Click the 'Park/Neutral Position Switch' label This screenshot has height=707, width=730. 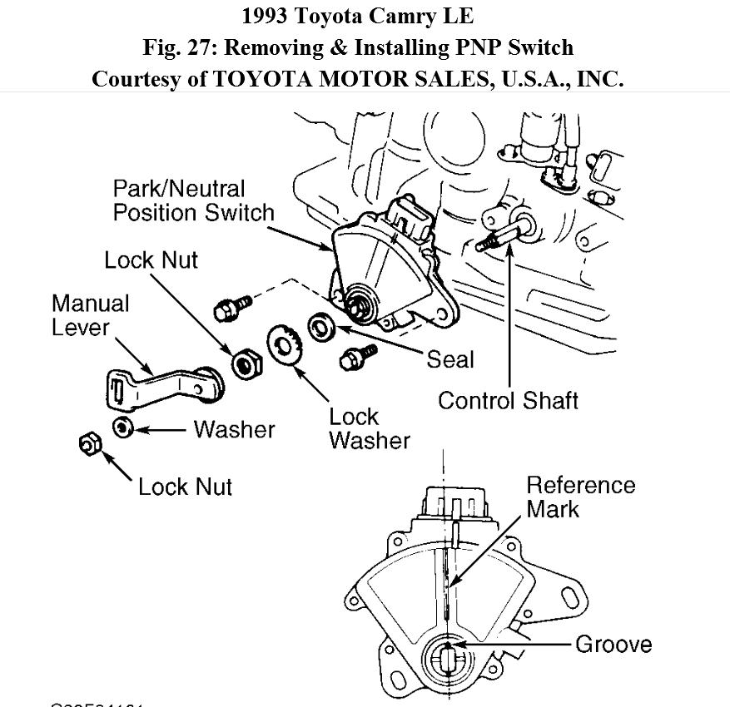coord(193,200)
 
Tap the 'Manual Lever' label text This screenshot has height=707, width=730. coord(90,315)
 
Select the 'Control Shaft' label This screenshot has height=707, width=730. coord(508,400)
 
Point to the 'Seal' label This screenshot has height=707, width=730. coord(449,359)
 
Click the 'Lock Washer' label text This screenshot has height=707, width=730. coord(369,428)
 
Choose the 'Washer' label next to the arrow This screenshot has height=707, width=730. coord(234,429)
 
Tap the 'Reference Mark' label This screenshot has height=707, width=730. coord(580,497)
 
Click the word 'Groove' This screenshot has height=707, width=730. coord(613,644)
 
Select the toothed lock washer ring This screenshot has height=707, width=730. coord(283,347)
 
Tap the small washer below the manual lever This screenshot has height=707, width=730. coord(123,428)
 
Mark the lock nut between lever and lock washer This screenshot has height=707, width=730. coord(243,363)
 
